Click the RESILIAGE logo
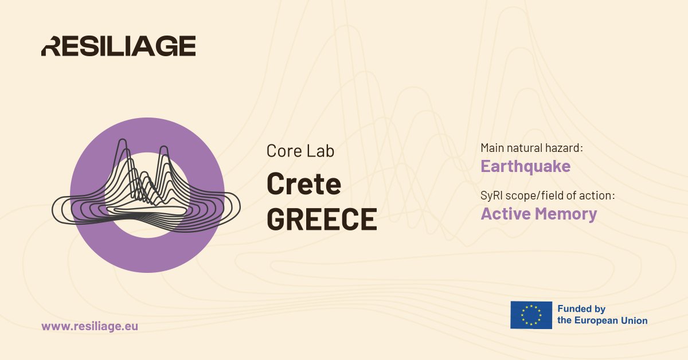[x=118, y=46]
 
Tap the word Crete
[x=304, y=184]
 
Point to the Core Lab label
[x=300, y=151]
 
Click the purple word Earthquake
[x=525, y=166]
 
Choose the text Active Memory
[x=538, y=214]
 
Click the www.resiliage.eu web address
[x=89, y=326]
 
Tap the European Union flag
[x=531, y=315]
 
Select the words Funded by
[x=581, y=309]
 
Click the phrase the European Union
[x=602, y=320]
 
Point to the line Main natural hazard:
[x=531, y=148]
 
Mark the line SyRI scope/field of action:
[x=548, y=195]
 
